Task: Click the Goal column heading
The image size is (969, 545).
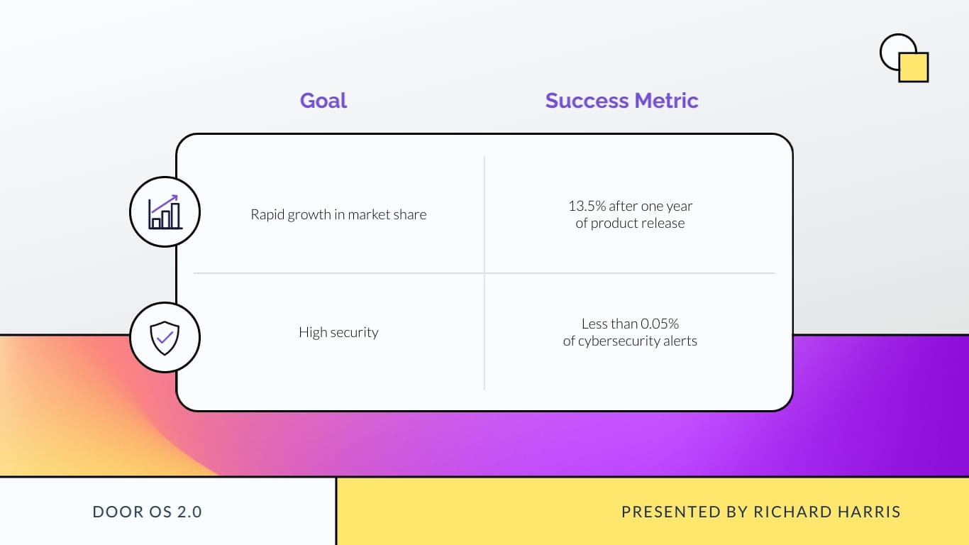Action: tap(323, 101)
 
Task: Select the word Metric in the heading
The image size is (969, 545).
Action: tap(666, 101)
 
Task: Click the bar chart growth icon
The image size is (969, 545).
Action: tap(165, 211)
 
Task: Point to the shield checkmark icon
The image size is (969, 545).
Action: tap(165, 337)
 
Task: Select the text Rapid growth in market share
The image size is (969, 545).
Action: tap(338, 214)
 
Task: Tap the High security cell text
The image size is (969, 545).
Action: tap(338, 332)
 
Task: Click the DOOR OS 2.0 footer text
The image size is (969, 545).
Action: tap(148, 512)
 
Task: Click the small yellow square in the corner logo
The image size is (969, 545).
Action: tap(914, 67)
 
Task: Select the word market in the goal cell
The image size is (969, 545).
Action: tap(367, 214)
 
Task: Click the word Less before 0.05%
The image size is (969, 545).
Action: tap(594, 324)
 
